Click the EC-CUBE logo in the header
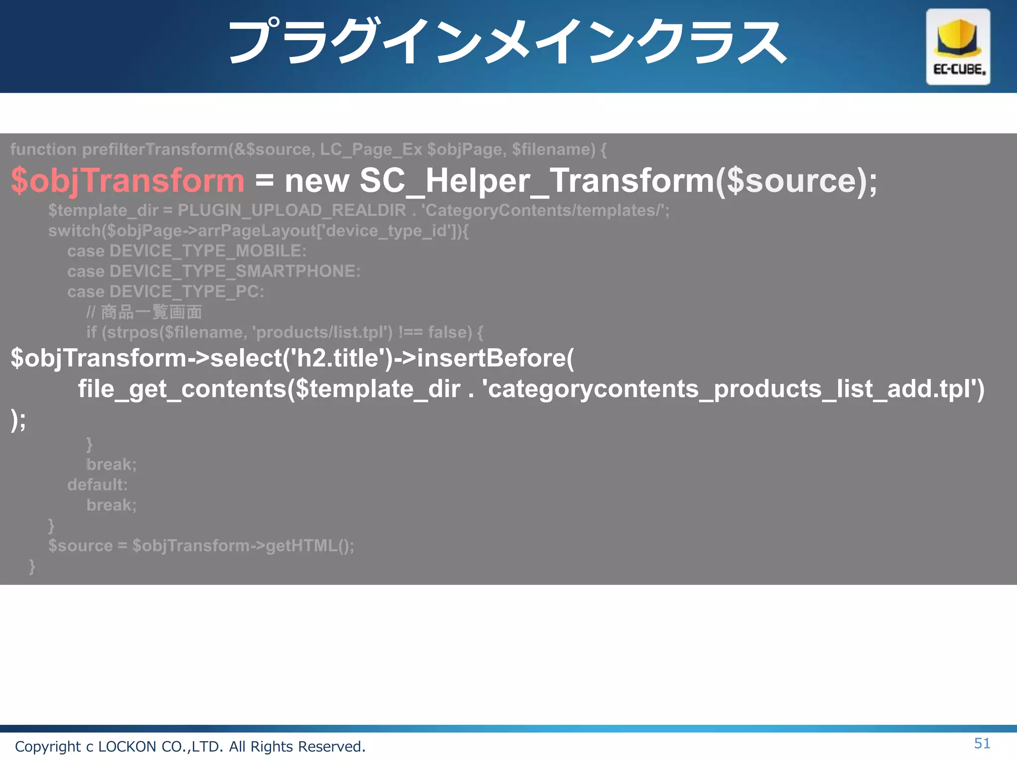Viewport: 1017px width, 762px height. [x=957, y=47]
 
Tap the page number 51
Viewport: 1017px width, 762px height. [x=982, y=743]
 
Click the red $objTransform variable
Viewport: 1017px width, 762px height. [x=128, y=180]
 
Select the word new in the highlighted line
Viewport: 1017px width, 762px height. [x=317, y=181]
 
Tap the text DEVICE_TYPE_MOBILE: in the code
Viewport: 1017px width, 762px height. [x=208, y=251]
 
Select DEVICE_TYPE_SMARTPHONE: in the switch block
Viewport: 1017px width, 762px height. [x=234, y=271]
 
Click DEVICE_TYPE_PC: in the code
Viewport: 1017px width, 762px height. [x=186, y=292]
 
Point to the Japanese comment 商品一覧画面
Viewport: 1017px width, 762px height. [x=151, y=312]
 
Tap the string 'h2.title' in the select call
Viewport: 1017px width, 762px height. [x=337, y=358]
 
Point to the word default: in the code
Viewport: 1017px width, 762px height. [x=97, y=485]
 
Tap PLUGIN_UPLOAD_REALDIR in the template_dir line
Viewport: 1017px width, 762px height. [x=291, y=210]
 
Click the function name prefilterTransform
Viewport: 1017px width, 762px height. [x=155, y=149]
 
